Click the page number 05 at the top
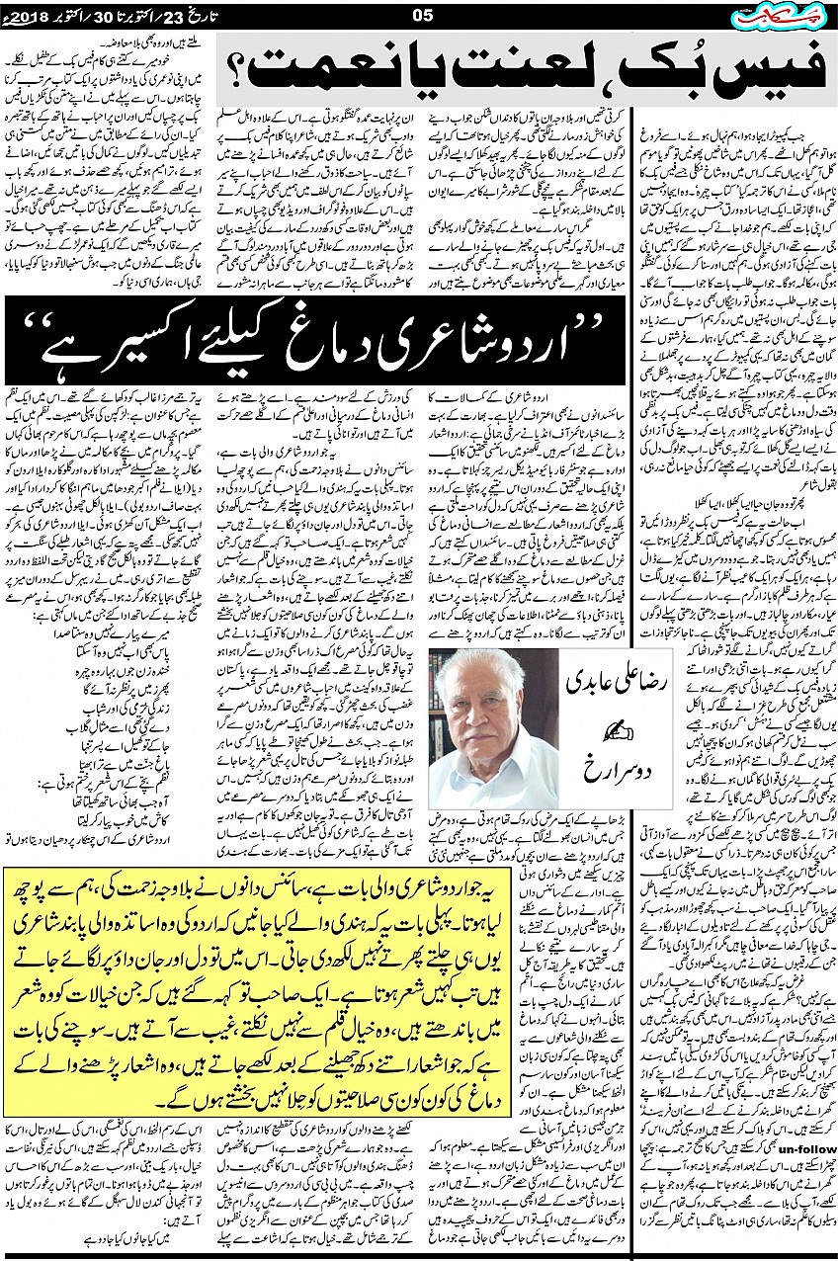tap(422, 15)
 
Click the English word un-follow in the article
tap(807, 1147)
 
